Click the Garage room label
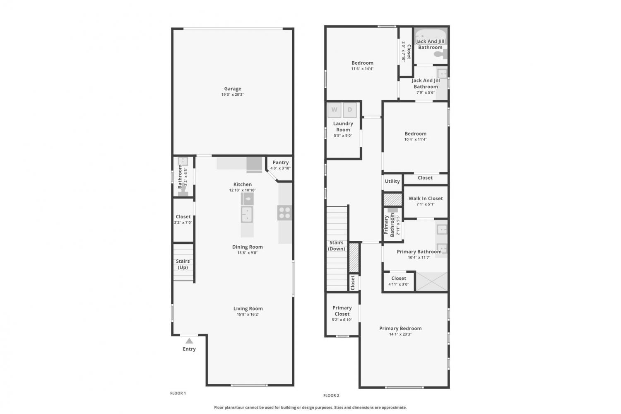[233, 89]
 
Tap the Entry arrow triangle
[189, 341]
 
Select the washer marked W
[335, 110]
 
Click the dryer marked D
[350, 110]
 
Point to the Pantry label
[281, 162]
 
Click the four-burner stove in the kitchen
[285, 213]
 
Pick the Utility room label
[392, 182]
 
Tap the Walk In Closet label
[426, 199]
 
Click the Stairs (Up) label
[183, 264]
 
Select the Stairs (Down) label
[337, 246]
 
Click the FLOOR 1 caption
[178, 393]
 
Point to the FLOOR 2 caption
[331, 395]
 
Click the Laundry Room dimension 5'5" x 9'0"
[343, 136]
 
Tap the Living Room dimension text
[248, 315]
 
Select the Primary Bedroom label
[400, 329]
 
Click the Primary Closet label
[342, 311]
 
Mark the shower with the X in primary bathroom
[432, 281]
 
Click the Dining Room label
[247, 247]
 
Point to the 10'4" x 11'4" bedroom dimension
[415, 140]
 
